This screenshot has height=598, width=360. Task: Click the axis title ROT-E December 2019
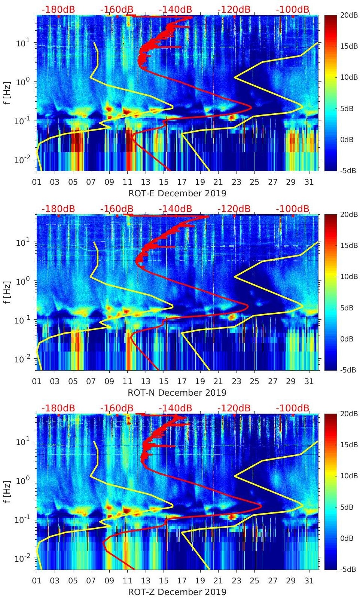(177, 193)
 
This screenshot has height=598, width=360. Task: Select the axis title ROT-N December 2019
(177, 393)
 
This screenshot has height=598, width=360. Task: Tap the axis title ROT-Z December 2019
(177, 592)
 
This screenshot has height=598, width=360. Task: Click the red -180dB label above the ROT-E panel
(58, 9)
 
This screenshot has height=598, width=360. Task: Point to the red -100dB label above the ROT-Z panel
(293, 408)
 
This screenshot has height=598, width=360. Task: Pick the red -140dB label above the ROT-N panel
(176, 209)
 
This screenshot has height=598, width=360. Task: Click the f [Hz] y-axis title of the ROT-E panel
(7, 93)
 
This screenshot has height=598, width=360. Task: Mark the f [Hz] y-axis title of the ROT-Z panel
(7, 492)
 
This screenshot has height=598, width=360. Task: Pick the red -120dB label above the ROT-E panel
(234, 9)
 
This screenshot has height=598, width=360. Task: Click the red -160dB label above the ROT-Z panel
(117, 408)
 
